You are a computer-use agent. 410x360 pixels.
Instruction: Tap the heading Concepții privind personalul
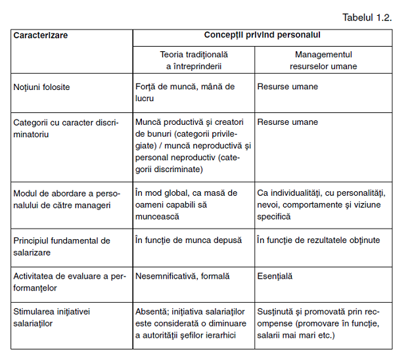[262, 35]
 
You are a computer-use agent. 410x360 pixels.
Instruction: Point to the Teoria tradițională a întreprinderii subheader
[193, 60]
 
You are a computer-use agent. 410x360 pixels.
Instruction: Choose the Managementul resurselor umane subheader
[323, 60]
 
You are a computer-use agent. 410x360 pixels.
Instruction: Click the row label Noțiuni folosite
[41, 87]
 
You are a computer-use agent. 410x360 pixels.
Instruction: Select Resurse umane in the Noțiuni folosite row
[287, 87]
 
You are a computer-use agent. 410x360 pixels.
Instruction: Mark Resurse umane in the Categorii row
[287, 122]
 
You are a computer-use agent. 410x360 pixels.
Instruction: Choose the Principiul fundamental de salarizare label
[62, 246]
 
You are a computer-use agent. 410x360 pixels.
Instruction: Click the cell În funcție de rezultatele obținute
[318, 240]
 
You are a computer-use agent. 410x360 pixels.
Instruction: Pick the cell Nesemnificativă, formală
[182, 277]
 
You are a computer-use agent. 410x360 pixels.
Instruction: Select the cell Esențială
[275, 277]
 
